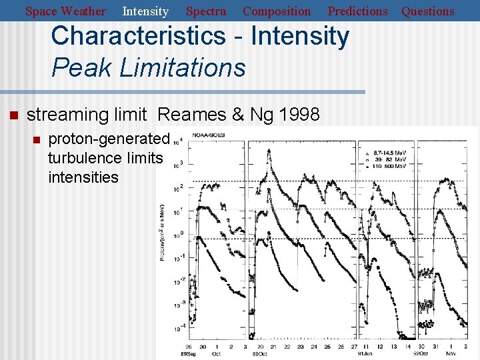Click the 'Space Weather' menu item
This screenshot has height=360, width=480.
point(65,11)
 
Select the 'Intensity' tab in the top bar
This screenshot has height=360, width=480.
point(145,11)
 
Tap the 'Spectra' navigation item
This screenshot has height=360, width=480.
point(206,11)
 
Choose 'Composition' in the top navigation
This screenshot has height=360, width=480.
point(277,11)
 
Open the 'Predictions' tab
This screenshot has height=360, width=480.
point(357,11)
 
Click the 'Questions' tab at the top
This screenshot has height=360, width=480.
point(428,11)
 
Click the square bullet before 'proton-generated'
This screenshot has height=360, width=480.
point(37,139)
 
